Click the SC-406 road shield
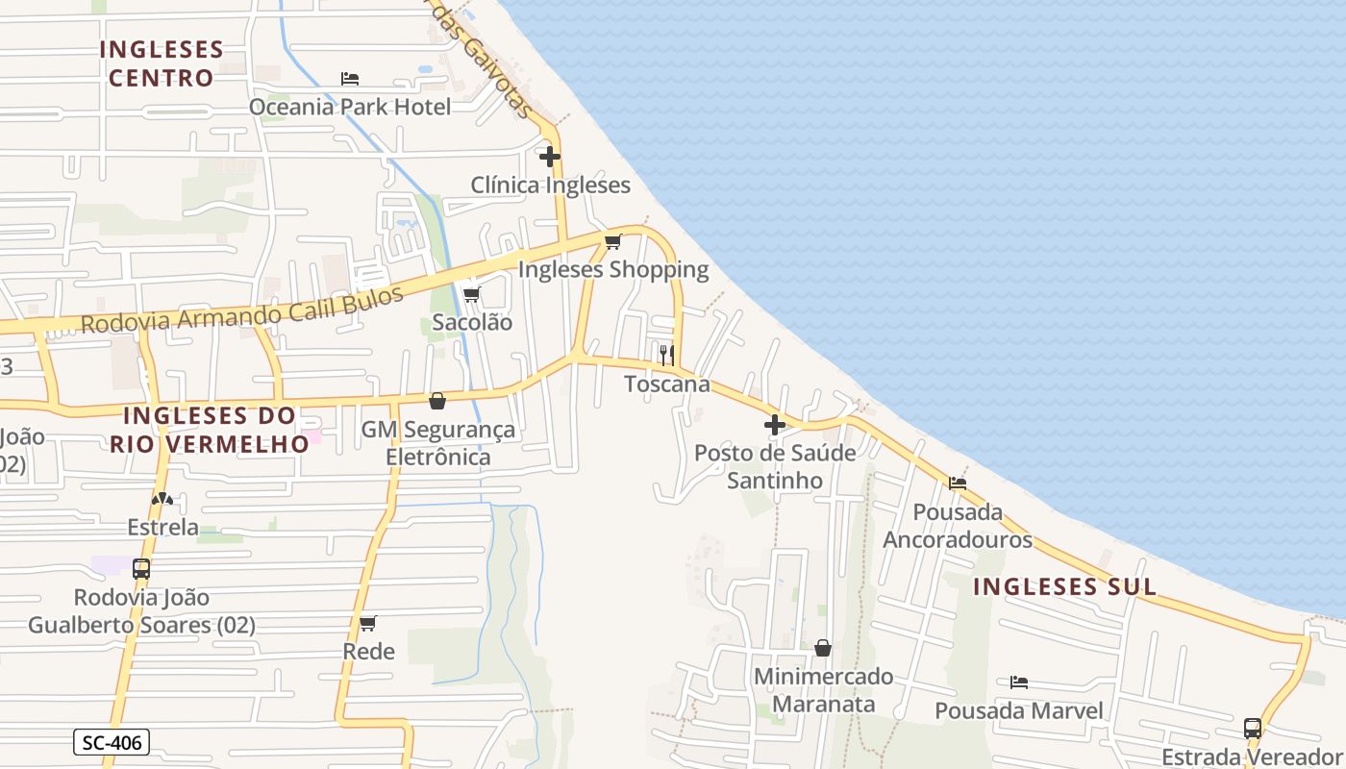(112, 742)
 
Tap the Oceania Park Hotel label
(350, 107)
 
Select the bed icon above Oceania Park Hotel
(350, 79)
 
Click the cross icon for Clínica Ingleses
(550, 156)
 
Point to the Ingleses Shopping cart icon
(612, 241)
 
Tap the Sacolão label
(472, 323)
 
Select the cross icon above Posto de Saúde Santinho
(775, 424)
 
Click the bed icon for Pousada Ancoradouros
(958, 484)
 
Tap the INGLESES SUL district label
(1064, 586)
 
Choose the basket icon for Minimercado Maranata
(823, 648)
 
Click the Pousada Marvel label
(1019, 711)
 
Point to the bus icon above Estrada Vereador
(1253, 728)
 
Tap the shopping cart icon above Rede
(367, 623)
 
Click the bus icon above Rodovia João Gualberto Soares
(141, 568)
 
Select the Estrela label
(163, 528)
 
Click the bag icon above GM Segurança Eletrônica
(437, 401)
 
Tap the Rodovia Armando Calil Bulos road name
(241, 310)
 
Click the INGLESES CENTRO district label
(162, 63)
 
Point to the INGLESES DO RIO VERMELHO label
(209, 430)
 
